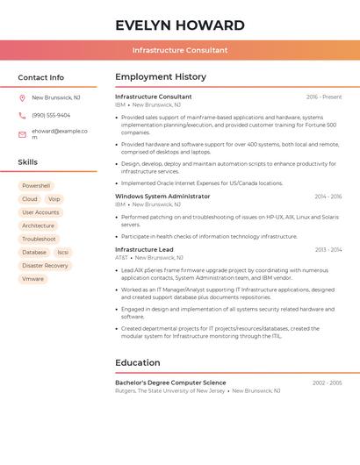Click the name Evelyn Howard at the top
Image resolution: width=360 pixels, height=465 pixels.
[180, 25]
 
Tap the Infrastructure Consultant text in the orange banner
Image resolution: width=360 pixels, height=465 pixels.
[180, 50]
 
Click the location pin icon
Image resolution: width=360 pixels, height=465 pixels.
[22, 98]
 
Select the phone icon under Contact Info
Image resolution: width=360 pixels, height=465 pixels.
[22, 115]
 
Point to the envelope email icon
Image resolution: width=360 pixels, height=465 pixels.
[22, 134]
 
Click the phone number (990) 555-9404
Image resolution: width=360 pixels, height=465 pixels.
[51, 115]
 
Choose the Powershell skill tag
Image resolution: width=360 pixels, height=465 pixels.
[36, 186]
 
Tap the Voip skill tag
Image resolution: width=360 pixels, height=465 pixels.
[54, 199]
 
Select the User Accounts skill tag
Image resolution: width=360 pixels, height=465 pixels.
[40, 212]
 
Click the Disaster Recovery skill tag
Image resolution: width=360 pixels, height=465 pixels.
[45, 266]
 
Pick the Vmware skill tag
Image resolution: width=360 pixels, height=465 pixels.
[32, 279]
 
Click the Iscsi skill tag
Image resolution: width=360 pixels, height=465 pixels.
[63, 253]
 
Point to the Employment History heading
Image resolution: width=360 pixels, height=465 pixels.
[161, 77]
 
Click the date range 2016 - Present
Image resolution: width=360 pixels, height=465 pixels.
[324, 97]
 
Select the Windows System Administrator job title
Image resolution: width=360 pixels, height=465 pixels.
[162, 197]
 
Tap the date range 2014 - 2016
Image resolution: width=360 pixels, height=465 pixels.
[328, 197]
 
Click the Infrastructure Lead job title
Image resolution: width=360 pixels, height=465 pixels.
[144, 250]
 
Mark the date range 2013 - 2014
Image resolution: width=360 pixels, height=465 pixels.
[328, 250]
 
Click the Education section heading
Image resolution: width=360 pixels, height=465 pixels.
[138, 362]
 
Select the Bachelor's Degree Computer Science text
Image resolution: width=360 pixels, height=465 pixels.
[170, 383]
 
